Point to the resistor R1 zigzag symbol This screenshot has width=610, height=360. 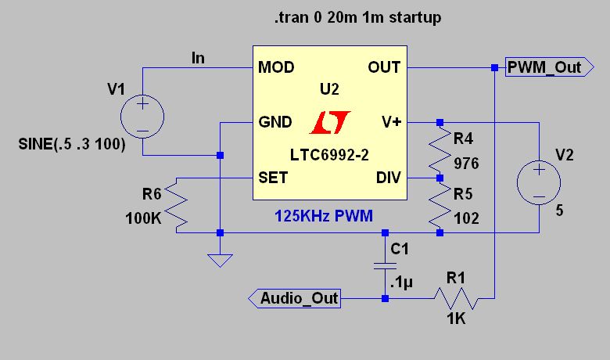(457, 298)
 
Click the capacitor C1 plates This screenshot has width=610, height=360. (385, 266)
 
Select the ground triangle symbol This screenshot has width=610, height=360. (221, 261)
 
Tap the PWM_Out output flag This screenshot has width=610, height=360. (550, 67)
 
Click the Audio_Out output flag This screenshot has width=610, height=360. (295, 298)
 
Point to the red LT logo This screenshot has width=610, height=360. (330, 123)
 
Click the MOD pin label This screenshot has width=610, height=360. (276, 67)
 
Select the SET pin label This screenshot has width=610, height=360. (273, 178)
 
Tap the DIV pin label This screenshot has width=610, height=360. (388, 178)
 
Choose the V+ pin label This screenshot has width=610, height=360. (391, 122)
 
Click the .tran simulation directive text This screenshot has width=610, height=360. (358, 17)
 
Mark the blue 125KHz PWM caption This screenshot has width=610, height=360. (324, 216)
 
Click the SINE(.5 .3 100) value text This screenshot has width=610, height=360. (72, 144)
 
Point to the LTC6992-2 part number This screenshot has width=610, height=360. (329, 155)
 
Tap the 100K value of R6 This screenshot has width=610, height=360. (143, 218)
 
